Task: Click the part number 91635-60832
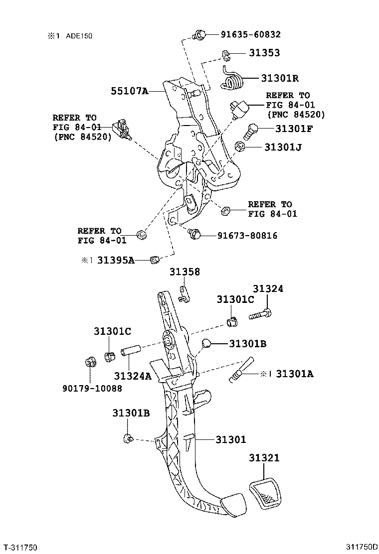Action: (x=250, y=34)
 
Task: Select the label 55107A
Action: (x=130, y=91)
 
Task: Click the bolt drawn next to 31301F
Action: (x=251, y=132)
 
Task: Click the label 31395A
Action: (x=116, y=260)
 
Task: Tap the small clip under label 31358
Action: (x=184, y=294)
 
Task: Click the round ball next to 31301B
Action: (x=207, y=344)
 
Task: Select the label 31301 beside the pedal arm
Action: (x=231, y=439)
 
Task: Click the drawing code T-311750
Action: (x=20, y=547)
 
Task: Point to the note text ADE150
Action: (x=78, y=36)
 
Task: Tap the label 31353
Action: (x=264, y=53)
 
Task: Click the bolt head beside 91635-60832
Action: (x=199, y=35)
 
